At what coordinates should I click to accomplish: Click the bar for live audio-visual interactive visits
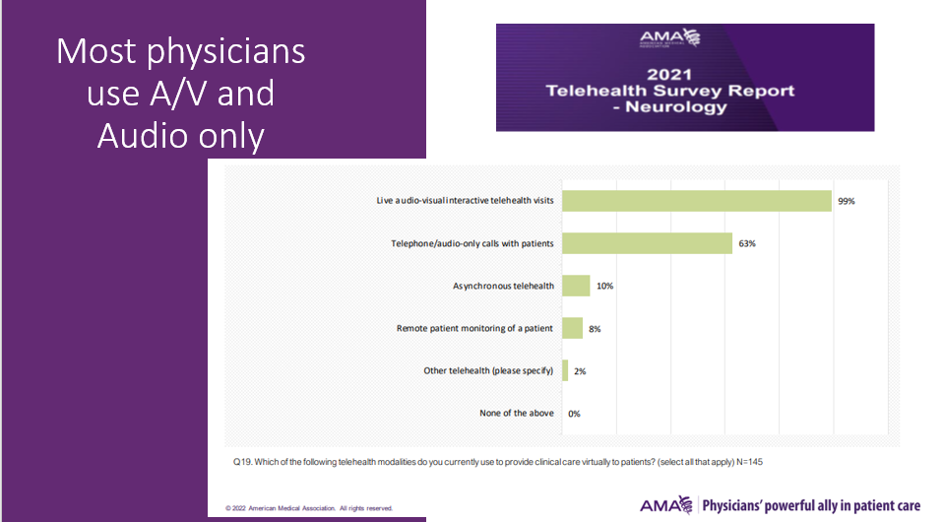[x=697, y=201]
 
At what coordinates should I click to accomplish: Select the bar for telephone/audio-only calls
[x=647, y=243]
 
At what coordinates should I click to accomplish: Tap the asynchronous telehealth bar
[x=575, y=286]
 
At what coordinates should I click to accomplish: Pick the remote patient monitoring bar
[x=571, y=328]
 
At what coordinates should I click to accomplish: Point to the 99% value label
[x=847, y=201]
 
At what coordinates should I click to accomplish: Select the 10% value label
[x=605, y=286]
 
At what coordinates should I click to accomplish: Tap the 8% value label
[x=595, y=329]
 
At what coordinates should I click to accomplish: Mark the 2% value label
[x=580, y=371]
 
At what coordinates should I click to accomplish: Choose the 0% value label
[x=574, y=414]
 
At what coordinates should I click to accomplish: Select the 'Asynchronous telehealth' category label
[x=504, y=286]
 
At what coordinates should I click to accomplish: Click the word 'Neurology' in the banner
[x=685, y=107]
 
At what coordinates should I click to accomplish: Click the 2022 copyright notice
[x=309, y=508]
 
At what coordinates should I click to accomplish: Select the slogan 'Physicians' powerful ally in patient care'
[x=810, y=506]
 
